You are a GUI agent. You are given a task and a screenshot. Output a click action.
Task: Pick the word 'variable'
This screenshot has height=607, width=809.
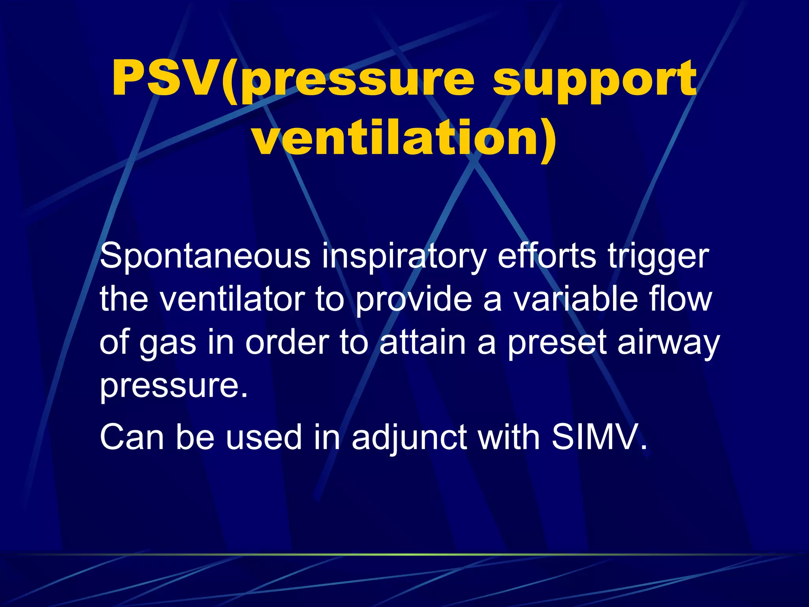(576, 299)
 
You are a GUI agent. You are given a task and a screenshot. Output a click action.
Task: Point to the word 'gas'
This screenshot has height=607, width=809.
(167, 343)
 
